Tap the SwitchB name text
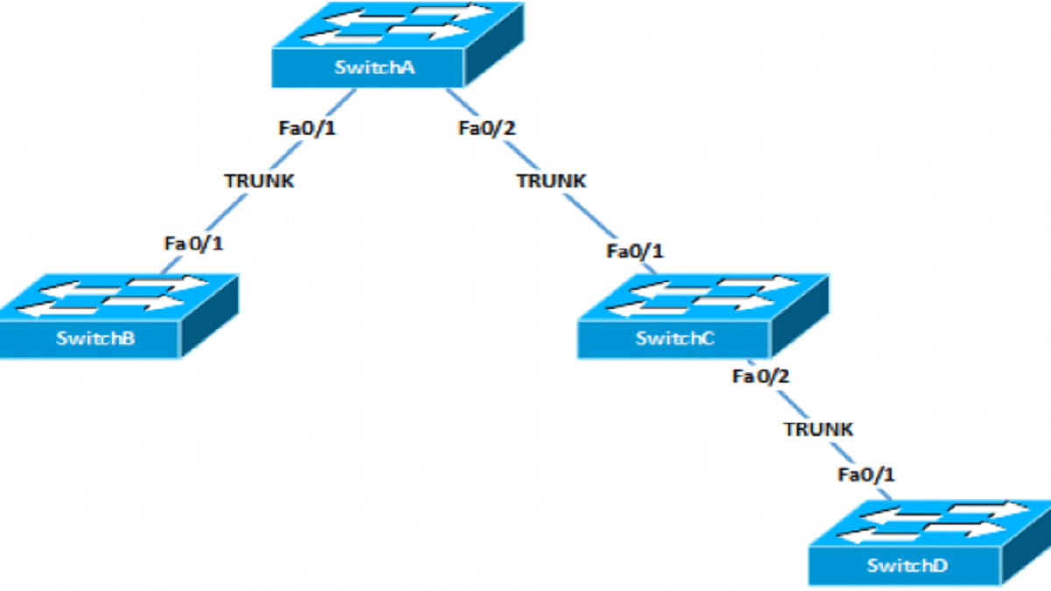[x=95, y=339]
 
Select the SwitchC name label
[x=674, y=339]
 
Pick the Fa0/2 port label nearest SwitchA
[x=488, y=129]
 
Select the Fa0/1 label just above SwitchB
[x=193, y=243]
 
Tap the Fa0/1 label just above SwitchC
[x=635, y=252]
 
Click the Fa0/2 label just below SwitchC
[x=761, y=376]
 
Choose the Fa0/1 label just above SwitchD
[x=866, y=475]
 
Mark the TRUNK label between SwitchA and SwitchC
[x=550, y=181]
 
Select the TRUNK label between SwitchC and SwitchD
[x=818, y=429]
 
